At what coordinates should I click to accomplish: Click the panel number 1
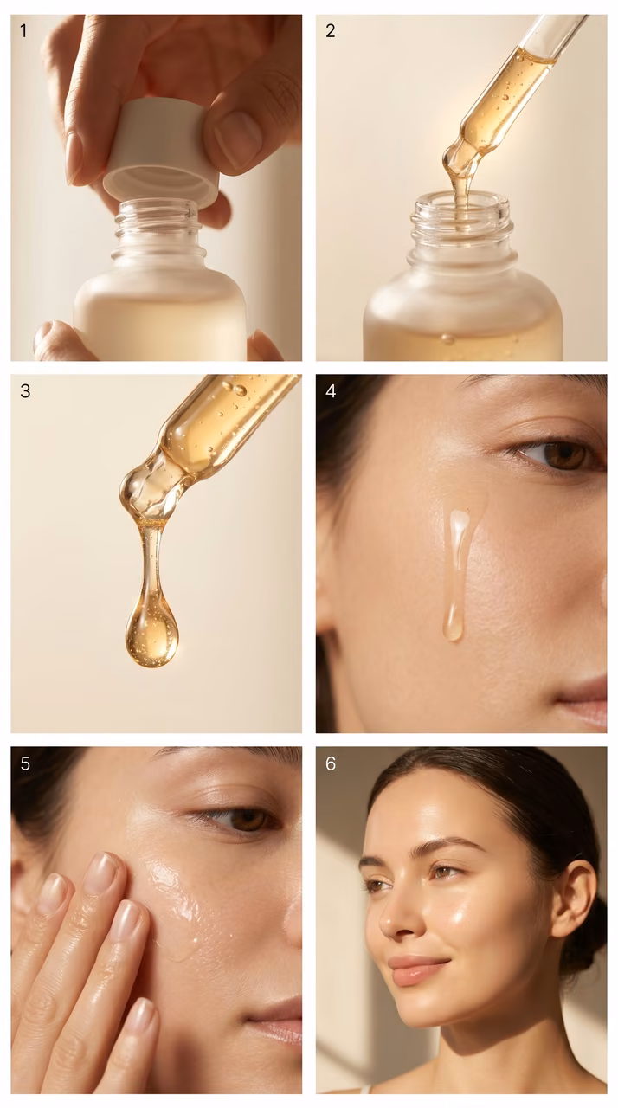[23, 31]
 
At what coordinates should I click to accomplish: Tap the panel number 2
[331, 31]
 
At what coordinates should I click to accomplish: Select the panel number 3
[25, 391]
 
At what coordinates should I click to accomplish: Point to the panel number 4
[331, 391]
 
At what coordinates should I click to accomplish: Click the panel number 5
[25, 763]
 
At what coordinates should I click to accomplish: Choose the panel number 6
[331, 763]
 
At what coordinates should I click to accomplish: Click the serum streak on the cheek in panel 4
[457, 574]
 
